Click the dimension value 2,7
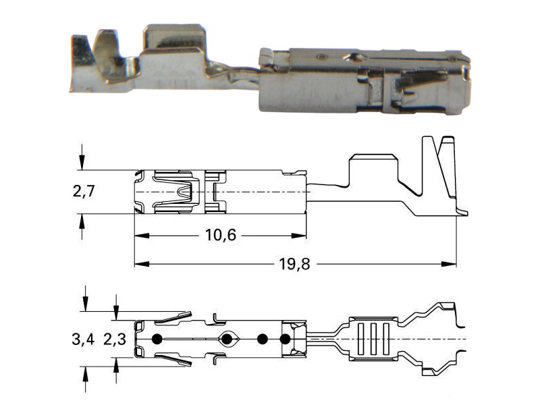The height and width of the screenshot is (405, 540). [84, 191]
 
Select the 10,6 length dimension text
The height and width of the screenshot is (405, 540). [221, 235]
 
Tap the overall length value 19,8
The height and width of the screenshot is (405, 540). [294, 264]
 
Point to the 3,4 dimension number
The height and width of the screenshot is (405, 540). [83, 340]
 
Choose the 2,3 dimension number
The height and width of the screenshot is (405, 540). [115, 340]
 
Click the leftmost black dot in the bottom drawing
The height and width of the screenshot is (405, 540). [157, 340]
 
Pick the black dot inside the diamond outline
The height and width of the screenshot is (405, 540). [226, 340]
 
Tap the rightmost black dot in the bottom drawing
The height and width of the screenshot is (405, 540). [285, 340]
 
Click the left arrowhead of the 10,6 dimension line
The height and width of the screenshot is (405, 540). [142, 236]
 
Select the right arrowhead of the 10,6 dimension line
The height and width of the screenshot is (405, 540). [298, 236]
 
